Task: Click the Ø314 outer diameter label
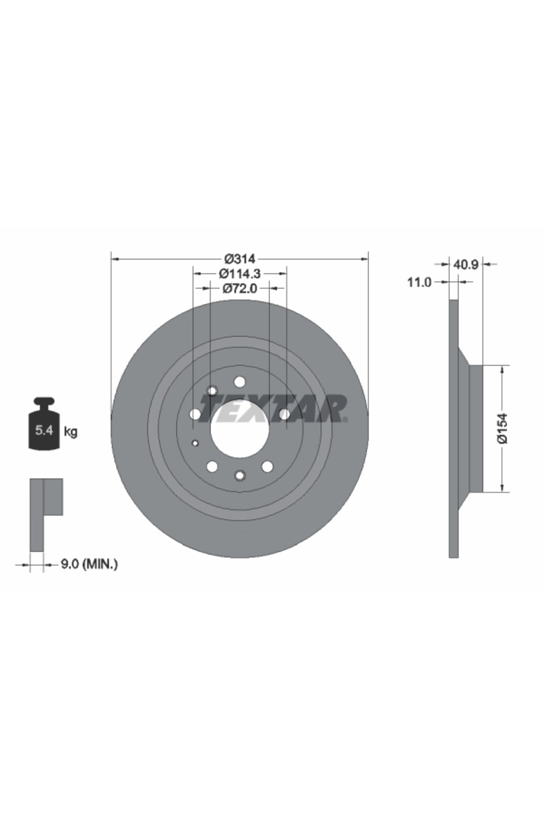pyautogui.click(x=240, y=259)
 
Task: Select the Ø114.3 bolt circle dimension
pyautogui.click(x=240, y=274)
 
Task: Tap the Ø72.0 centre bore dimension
pyautogui.click(x=240, y=288)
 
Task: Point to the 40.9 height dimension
pyautogui.click(x=466, y=264)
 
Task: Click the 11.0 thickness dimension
pyautogui.click(x=419, y=282)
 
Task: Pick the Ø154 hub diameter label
pyautogui.click(x=503, y=428)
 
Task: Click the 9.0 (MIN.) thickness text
pyautogui.click(x=89, y=564)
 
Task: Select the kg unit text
pyautogui.click(x=70, y=431)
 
